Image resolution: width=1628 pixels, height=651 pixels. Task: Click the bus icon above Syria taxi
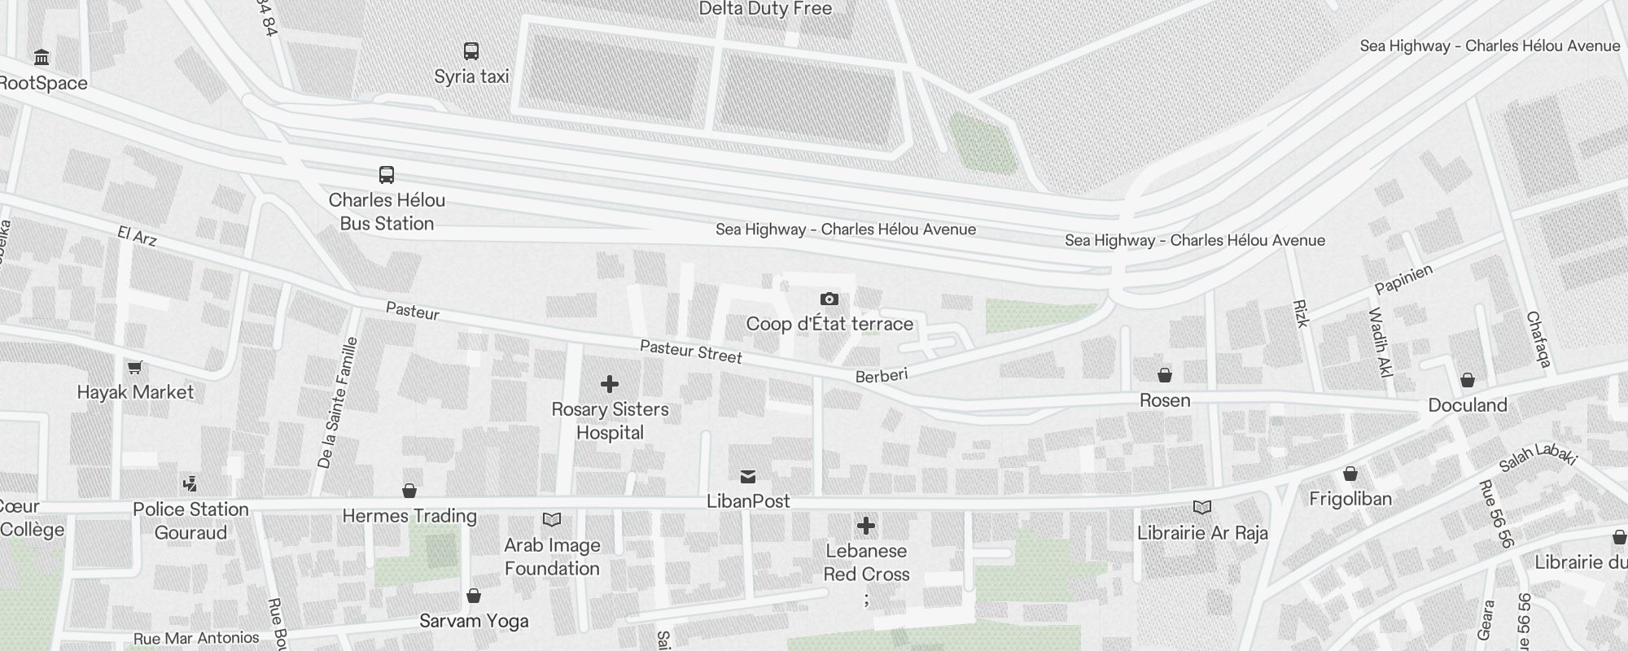pyautogui.click(x=471, y=51)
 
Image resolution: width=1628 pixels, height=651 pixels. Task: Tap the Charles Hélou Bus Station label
pyautogui.click(x=387, y=212)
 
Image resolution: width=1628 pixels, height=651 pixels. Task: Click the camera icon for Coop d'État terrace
pyautogui.click(x=829, y=299)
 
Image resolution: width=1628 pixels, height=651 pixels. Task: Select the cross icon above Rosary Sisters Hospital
pyautogui.click(x=610, y=384)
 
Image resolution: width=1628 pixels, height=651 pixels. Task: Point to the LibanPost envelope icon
pyautogui.click(x=748, y=477)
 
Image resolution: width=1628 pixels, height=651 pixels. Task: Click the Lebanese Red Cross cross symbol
pyautogui.click(x=866, y=526)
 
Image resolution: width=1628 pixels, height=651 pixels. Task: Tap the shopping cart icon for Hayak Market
pyautogui.click(x=135, y=368)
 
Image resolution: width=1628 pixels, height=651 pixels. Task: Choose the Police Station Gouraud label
pyautogui.click(x=190, y=521)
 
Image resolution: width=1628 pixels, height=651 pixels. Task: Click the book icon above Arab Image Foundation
pyautogui.click(x=552, y=519)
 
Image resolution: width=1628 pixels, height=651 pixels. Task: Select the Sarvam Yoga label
pyautogui.click(x=474, y=621)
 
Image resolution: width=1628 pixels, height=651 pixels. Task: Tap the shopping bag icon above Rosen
pyautogui.click(x=1165, y=375)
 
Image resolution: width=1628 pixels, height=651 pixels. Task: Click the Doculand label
pyautogui.click(x=1468, y=405)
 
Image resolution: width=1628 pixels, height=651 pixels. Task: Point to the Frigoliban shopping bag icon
pyautogui.click(x=1350, y=474)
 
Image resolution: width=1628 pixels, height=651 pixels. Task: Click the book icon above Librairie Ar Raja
pyautogui.click(x=1202, y=508)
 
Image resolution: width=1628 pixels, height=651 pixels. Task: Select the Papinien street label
pyautogui.click(x=1403, y=279)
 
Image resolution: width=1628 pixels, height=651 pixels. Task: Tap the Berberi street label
pyautogui.click(x=882, y=375)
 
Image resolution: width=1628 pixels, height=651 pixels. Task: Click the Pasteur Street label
pyautogui.click(x=690, y=352)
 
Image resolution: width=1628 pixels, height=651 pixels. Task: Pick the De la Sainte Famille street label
pyautogui.click(x=337, y=403)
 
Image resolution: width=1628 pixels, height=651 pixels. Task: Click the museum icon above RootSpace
pyautogui.click(x=42, y=57)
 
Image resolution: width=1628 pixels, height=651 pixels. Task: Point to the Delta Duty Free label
pyautogui.click(x=765, y=9)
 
